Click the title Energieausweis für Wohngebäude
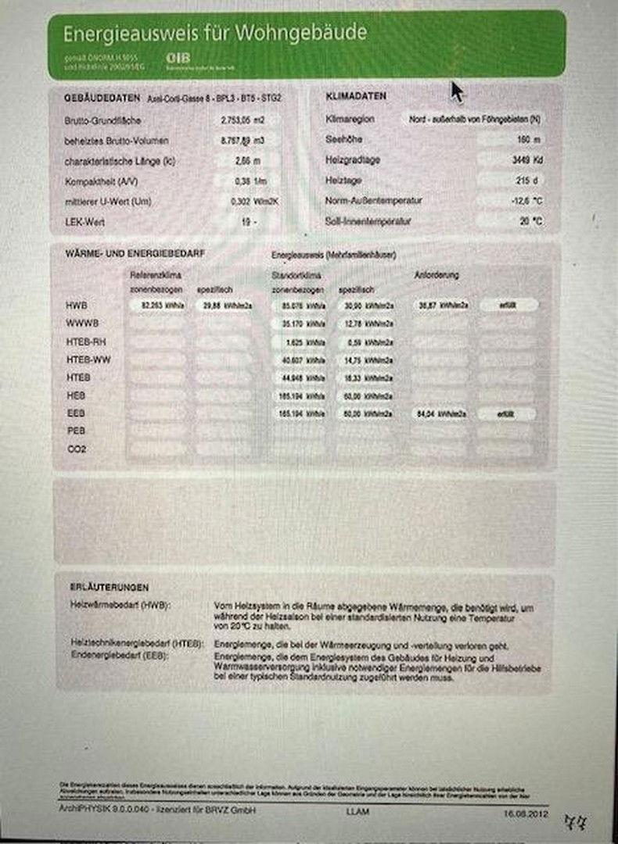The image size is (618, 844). pos(214,34)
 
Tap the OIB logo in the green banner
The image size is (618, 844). pos(178,58)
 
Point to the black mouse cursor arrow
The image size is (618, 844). pos(456,91)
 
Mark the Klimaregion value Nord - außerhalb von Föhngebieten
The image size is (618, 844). pos(474,120)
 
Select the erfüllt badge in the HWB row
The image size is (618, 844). pos(508,305)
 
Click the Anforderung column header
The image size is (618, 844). pos(437,275)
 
